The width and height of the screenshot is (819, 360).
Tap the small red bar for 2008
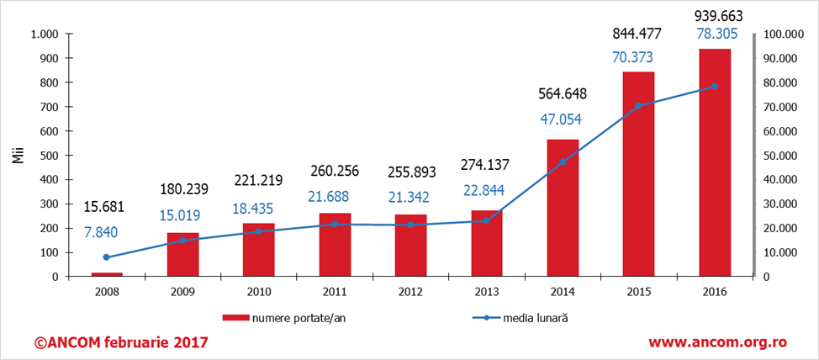(107, 273)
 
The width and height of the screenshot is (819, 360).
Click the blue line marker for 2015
(638, 106)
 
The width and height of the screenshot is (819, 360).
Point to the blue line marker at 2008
(107, 257)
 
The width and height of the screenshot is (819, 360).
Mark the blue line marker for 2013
(486, 221)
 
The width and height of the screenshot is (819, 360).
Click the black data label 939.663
(715, 14)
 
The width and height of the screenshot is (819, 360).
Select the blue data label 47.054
(563, 119)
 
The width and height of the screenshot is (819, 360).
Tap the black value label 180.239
(182, 189)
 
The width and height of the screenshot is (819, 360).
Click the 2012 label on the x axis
(410, 291)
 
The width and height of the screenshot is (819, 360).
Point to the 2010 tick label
(258, 291)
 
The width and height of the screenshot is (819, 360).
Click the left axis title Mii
(17, 156)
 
